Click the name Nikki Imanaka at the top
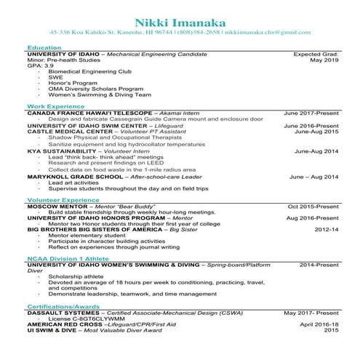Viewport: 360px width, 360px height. (180, 12)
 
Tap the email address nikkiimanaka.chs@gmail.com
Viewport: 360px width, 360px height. (268, 32)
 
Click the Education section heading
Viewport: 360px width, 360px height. (44, 47)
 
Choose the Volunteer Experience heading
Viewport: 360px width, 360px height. (63, 199)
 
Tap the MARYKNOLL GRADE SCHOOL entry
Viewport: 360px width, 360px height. (73, 177)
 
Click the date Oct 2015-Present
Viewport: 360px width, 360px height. (313, 206)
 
